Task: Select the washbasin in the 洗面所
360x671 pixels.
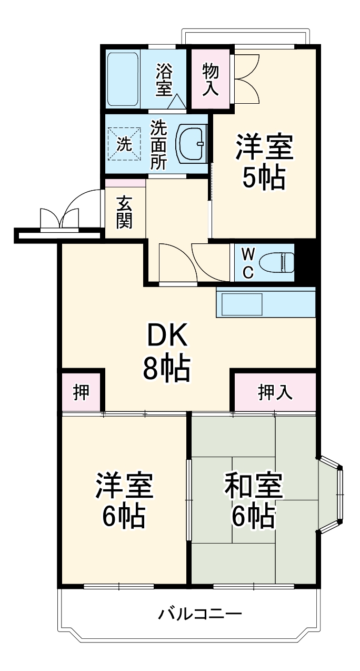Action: pos(193,142)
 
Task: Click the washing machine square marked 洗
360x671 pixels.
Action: pos(125,143)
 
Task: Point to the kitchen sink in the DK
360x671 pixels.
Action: pos(242,304)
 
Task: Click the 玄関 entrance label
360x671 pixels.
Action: pos(124,212)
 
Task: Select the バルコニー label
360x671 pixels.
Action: pos(200,614)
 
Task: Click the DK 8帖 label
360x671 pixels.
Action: pos(166,352)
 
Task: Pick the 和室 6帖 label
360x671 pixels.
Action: pos(254,500)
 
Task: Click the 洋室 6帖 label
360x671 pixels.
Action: pos(124,500)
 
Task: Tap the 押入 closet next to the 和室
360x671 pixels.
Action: pos(275,392)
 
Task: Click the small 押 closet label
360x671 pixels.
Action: pos(81,392)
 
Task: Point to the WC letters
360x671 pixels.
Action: pos(248,263)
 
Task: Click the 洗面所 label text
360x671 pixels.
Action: pos(158,144)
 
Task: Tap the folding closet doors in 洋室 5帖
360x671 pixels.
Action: pos(246,78)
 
